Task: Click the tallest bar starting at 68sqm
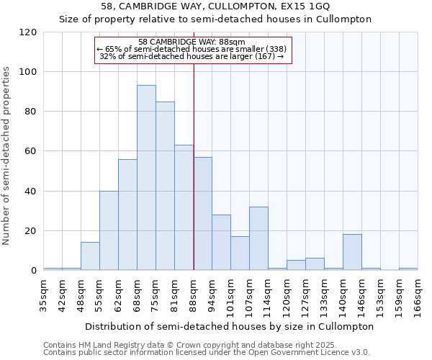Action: [x=146, y=178]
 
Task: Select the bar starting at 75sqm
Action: [x=165, y=186]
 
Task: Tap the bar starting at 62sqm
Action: [x=127, y=215]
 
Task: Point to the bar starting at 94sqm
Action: [x=221, y=242]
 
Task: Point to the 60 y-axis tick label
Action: [x=31, y=151]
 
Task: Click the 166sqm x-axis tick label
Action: [x=418, y=296]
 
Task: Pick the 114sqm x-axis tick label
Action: [x=269, y=296]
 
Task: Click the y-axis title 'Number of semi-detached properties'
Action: [x=7, y=156]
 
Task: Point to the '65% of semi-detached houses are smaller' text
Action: [x=192, y=49]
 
